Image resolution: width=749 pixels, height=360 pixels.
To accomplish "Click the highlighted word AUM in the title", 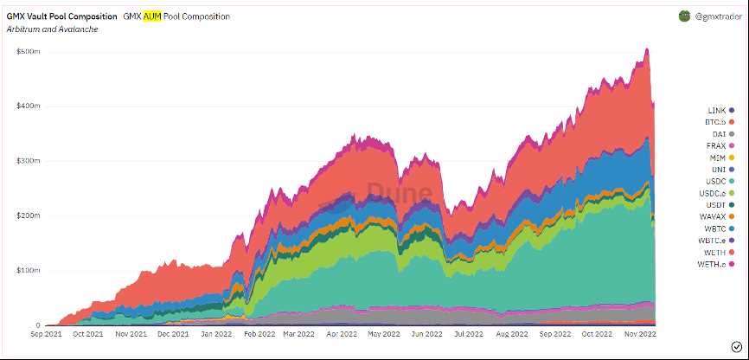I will (x=152, y=16).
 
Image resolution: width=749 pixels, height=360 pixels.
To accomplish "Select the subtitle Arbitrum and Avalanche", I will (x=52, y=29).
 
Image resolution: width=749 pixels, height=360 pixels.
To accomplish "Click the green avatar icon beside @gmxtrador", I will (x=684, y=16).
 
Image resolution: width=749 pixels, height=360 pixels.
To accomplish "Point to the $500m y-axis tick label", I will (x=29, y=51).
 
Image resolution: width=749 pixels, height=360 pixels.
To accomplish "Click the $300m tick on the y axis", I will (x=29, y=161).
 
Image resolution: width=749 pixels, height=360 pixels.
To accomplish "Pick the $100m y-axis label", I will (x=29, y=271).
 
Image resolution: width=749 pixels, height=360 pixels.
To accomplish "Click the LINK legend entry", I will (x=716, y=111).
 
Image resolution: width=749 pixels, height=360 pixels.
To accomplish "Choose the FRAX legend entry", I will (x=716, y=146).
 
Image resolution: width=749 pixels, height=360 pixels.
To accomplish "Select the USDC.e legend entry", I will (x=714, y=193).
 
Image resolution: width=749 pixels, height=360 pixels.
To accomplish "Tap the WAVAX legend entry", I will (x=714, y=216).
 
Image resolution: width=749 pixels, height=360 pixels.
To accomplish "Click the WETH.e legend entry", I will (x=714, y=263).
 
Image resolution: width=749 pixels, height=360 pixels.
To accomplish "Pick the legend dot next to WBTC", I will (x=732, y=228).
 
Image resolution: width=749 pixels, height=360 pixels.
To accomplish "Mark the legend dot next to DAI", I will (x=732, y=134).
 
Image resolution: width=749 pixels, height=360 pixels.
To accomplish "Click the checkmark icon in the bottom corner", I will (x=735, y=347).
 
